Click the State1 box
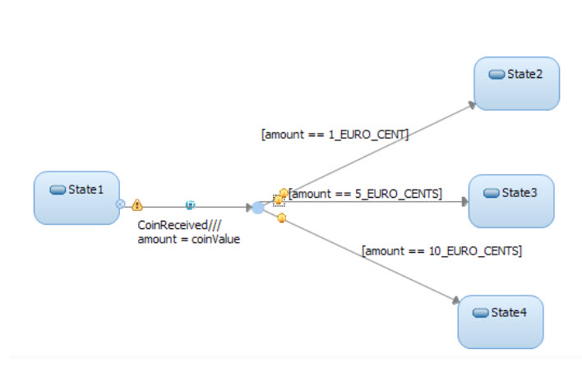76,198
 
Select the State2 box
517,83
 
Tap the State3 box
511,200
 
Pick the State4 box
501,322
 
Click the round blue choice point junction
258,208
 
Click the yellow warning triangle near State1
137,204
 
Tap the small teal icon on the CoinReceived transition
190,204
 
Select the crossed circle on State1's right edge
120,204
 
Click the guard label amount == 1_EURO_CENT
335,135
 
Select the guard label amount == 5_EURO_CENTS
366,194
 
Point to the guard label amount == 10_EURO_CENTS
441,250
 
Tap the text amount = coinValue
188,240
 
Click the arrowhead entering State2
472,105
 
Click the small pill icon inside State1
58,190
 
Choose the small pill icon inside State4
482,313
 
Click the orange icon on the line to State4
281,218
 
